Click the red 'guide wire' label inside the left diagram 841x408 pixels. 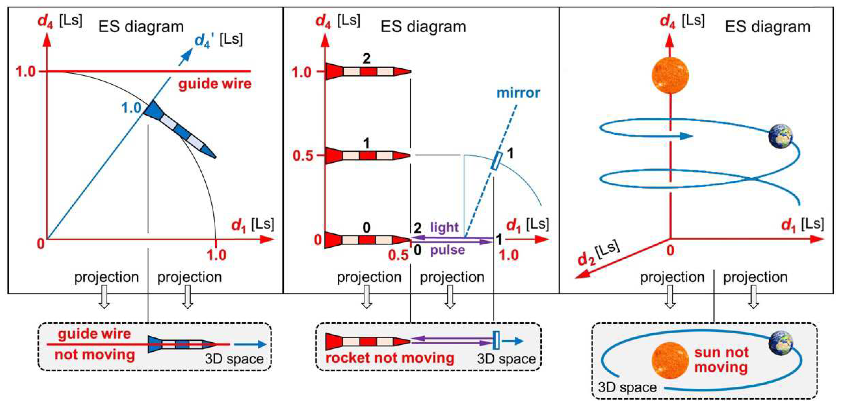(215, 84)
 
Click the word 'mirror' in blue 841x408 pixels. (518, 93)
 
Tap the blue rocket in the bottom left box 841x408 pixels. (182, 344)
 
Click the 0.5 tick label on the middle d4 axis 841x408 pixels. (302, 156)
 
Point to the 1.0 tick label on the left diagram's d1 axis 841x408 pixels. (216, 255)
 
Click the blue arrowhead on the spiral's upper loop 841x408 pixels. (686, 136)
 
